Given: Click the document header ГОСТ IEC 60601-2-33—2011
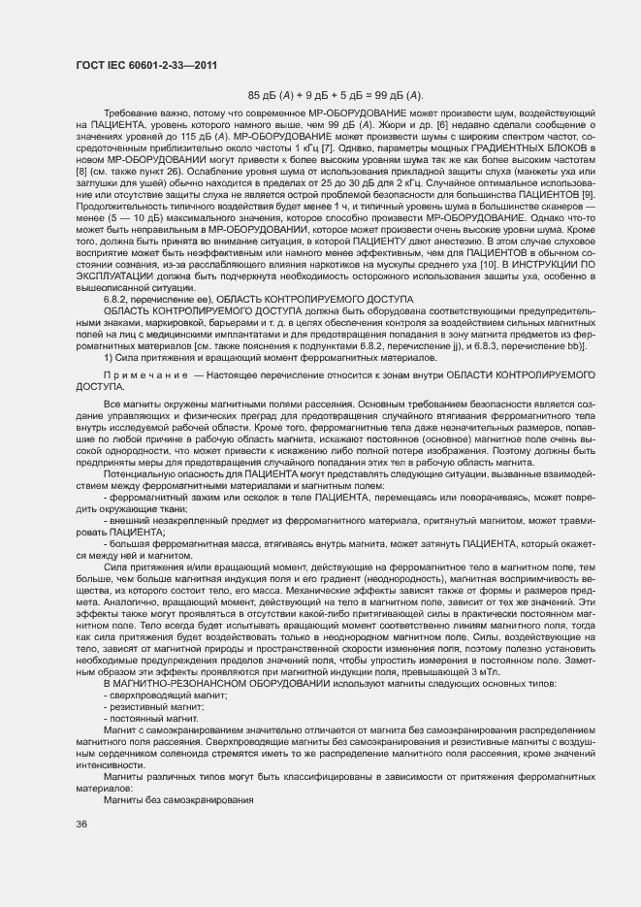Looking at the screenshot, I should click(144, 65).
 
